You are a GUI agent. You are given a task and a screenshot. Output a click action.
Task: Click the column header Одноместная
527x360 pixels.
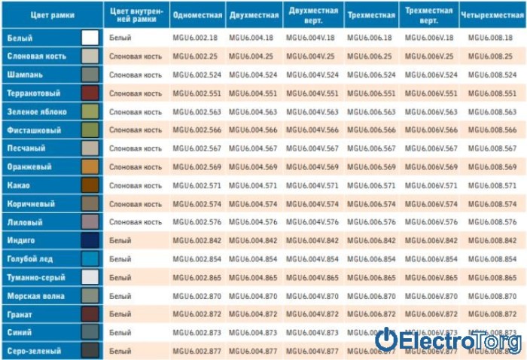coord(196,15)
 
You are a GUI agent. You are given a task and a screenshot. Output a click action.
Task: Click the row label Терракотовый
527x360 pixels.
coord(31,93)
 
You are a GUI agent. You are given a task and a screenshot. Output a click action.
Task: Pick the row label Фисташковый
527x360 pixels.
coord(29,130)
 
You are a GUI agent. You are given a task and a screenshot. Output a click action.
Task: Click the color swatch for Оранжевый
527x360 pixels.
coord(90,166)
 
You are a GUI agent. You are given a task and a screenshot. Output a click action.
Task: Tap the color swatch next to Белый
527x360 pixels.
coord(90,38)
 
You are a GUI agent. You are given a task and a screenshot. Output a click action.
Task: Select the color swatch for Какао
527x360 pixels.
coord(90,185)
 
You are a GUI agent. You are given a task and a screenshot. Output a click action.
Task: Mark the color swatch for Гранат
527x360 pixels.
coord(90,314)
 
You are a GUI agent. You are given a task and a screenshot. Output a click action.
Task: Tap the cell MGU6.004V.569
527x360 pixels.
coord(312,166)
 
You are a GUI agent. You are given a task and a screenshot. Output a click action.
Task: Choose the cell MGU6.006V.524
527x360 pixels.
coord(431,75)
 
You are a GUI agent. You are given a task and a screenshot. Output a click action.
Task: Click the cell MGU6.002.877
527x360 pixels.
coord(196,350)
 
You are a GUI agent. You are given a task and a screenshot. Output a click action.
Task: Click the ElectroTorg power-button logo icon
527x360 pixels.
coord(386,340)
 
